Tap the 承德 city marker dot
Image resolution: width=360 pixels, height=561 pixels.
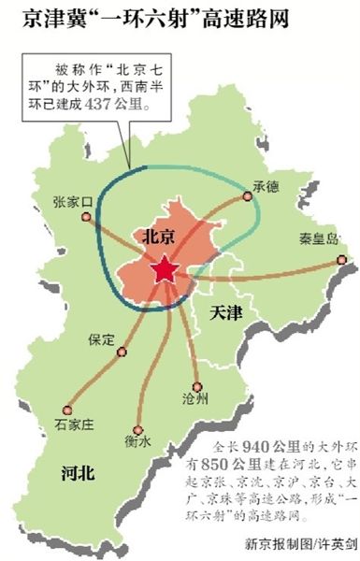tap(248, 196)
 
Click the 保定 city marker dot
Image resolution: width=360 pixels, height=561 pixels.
tap(122, 352)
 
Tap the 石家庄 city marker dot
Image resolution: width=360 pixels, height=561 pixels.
tap(66, 409)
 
